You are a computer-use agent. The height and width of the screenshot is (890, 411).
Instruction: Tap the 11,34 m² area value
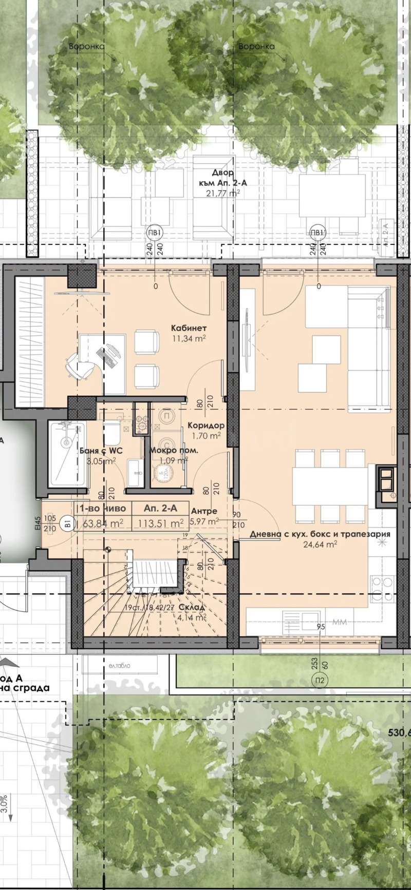(x=189, y=338)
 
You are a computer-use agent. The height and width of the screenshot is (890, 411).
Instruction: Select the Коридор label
(x=206, y=425)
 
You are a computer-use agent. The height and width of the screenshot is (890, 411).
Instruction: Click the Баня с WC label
(x=98, y=451)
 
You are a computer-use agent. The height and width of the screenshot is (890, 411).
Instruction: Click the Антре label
(x=204, y=511)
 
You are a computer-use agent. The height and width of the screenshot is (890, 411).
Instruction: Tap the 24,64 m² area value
(x=320, y=545)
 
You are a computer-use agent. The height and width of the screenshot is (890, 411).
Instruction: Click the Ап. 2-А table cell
(x=160, y=509)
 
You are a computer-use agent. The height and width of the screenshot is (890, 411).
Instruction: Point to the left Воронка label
(x=87, y=47)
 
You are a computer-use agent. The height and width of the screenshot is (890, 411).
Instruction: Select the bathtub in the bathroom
(x=67, y=454)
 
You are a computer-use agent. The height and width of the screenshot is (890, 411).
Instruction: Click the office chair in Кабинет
(x=78, y=365)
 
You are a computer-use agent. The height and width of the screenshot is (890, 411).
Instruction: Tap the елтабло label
(x=119, y=665)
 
